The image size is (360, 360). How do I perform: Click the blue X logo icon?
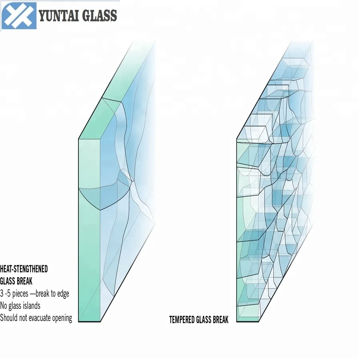click(x=19, y=16)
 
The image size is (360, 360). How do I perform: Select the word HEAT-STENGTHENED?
click(x=24, y=269)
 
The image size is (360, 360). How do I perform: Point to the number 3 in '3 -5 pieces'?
click(x=2, y=294)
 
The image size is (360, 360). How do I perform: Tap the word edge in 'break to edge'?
click(x=62, y=294)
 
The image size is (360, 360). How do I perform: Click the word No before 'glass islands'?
click(x=4, y=306)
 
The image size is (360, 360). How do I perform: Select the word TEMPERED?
click(x=182, y=320)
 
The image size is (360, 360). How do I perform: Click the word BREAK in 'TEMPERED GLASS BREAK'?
click(x=220, y=320)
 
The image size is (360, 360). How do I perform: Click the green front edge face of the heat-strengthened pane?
click(x=89, y=240)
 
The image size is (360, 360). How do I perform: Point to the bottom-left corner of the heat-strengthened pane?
click(x=79, y=322)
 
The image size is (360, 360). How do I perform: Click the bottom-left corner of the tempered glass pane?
click(x=237, y=321)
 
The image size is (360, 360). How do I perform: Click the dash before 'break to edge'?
click(x=32, y=294)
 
